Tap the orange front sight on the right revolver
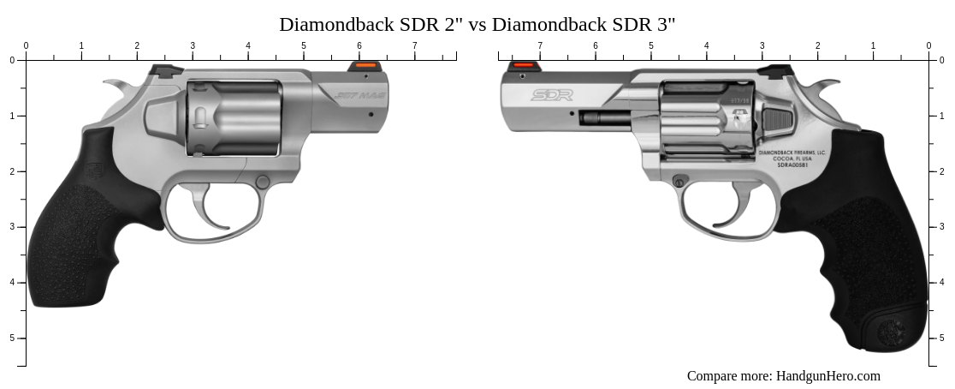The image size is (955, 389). pyautogui.click(x=523, y=65)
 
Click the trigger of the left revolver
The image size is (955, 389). pyautogui.click(x=204, y=211)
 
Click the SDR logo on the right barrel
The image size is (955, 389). pyautogui.click(x=551, y=95)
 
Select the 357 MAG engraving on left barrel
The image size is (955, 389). pyautogui.click(x=359, y=95)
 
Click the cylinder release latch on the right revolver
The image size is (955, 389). pyautogui.click(x=776, y=119)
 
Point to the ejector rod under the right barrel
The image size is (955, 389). pyautogui.click(x=603, y=118)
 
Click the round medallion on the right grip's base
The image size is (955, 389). pyautogui.click(x=892, y=330)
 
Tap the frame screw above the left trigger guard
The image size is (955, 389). pyautogui.click(x=263, y=182)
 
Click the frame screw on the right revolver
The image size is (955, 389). pyautogui.click(x=679, y=181)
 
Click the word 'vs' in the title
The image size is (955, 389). pyautogui.click(x=477, y=25)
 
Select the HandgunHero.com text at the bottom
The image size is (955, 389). pyautogui.click(x=827, y=376)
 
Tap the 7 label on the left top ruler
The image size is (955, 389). pyautogui.click(x=415, y=45)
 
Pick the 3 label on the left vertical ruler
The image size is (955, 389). pyautogui.click(x=11, y=227)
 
